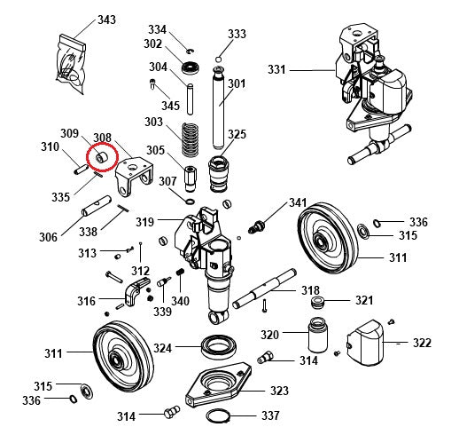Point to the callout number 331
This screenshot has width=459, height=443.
276,69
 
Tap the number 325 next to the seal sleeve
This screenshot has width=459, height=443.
237,135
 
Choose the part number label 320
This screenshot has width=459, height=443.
269,335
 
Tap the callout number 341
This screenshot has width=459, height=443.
297,203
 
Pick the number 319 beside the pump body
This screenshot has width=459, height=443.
144,221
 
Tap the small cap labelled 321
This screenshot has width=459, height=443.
316,305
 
